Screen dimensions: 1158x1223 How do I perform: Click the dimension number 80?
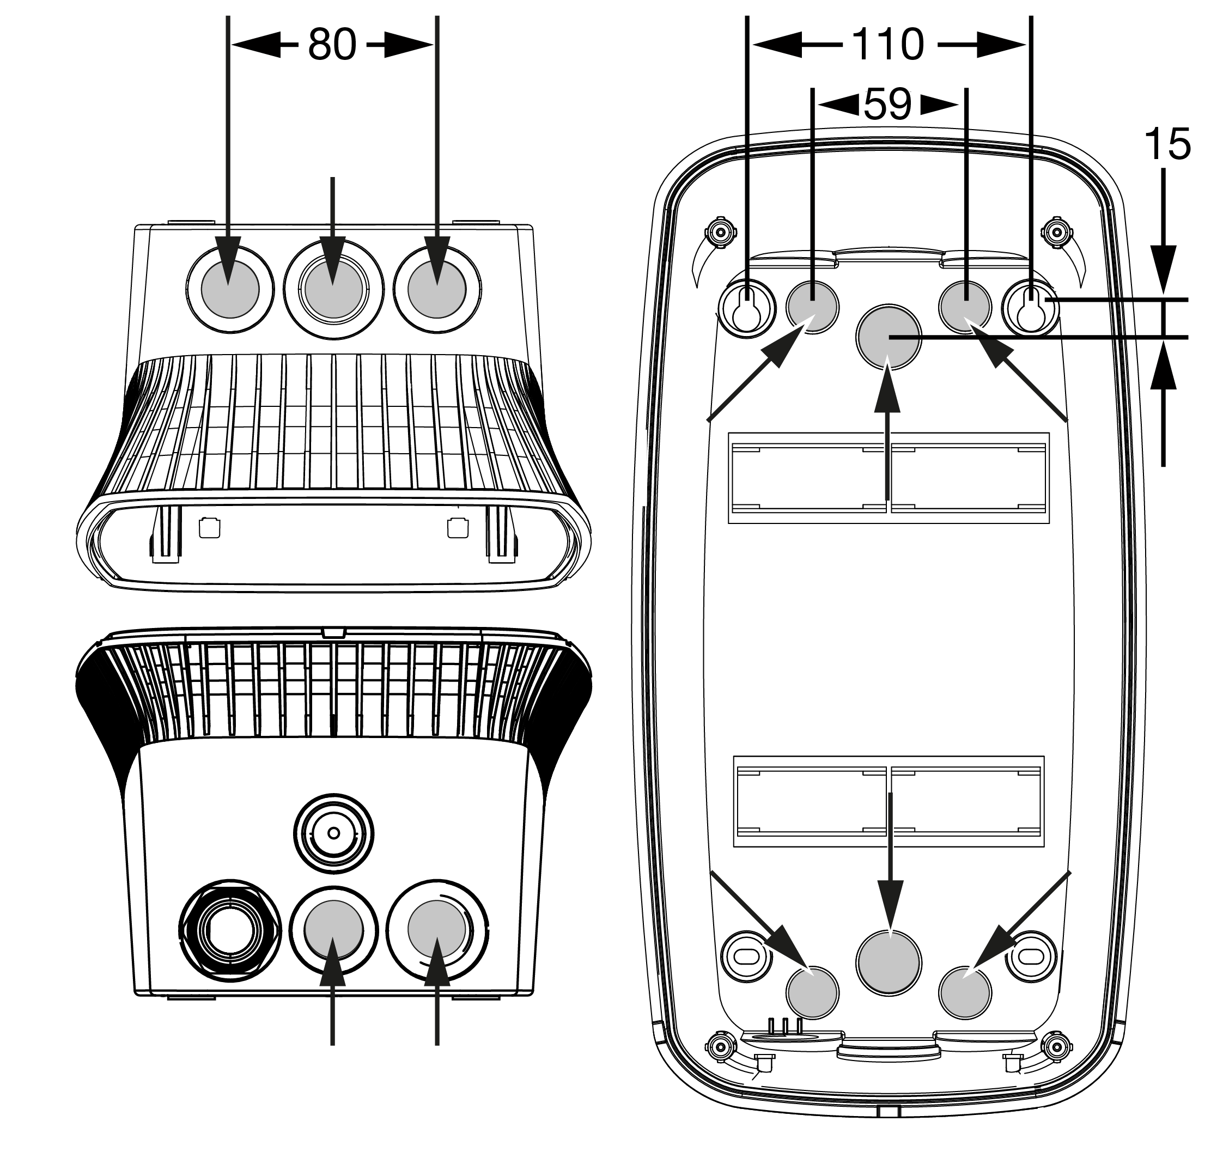[x=332, y=45]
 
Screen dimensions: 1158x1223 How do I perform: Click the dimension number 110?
[x=888, y=45]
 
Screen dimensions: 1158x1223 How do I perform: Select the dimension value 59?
[x=888, y=105]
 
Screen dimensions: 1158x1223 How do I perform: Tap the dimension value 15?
[x=1167, y=145]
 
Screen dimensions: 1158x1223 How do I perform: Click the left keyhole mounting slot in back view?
[x=747, y=309]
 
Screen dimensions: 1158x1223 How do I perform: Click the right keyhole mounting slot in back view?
[x=1030, y=309]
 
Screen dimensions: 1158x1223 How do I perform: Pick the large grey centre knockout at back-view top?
[x=889, y=337]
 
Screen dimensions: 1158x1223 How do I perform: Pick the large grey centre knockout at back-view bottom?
[x=889, y=962]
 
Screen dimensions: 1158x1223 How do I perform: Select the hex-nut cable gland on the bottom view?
[x=230, y=930]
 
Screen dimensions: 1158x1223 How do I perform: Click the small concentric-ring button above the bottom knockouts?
[x=333, y=833]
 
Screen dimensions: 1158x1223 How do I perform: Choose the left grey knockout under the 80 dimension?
[x=230, y=289]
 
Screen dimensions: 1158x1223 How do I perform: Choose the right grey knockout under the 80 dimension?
[x=436, y=289]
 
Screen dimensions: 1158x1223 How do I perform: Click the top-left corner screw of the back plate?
[x=720, y=233]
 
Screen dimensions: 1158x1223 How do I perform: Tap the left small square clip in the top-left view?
[x=210, y=528]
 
